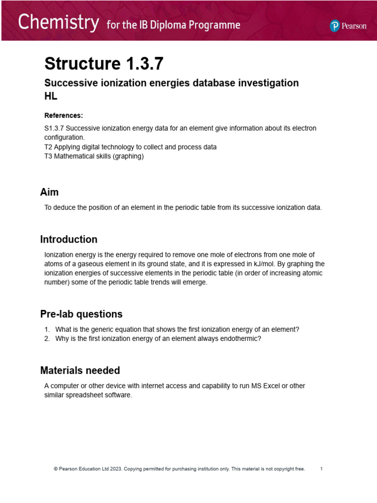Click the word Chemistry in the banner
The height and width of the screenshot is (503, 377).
(58, 23)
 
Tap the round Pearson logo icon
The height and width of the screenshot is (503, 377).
(335, 26)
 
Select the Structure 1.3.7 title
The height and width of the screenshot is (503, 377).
(104, 64)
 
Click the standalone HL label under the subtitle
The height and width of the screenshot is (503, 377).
(51, 97)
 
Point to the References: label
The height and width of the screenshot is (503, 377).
(64, 115)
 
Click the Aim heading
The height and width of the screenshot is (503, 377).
(49, 192)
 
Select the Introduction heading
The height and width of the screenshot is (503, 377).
(69, 239)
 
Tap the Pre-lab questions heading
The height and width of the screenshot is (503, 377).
(81, 314)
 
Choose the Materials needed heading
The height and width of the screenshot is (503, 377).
(80, 370)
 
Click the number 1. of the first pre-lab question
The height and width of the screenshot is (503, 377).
(47, 330)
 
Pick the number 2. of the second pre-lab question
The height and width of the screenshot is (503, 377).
(47, 338)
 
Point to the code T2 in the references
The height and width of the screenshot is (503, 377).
(48, 147)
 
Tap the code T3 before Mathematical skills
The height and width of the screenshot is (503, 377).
(48, 156)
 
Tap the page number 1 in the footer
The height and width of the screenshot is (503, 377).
(321, 469)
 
